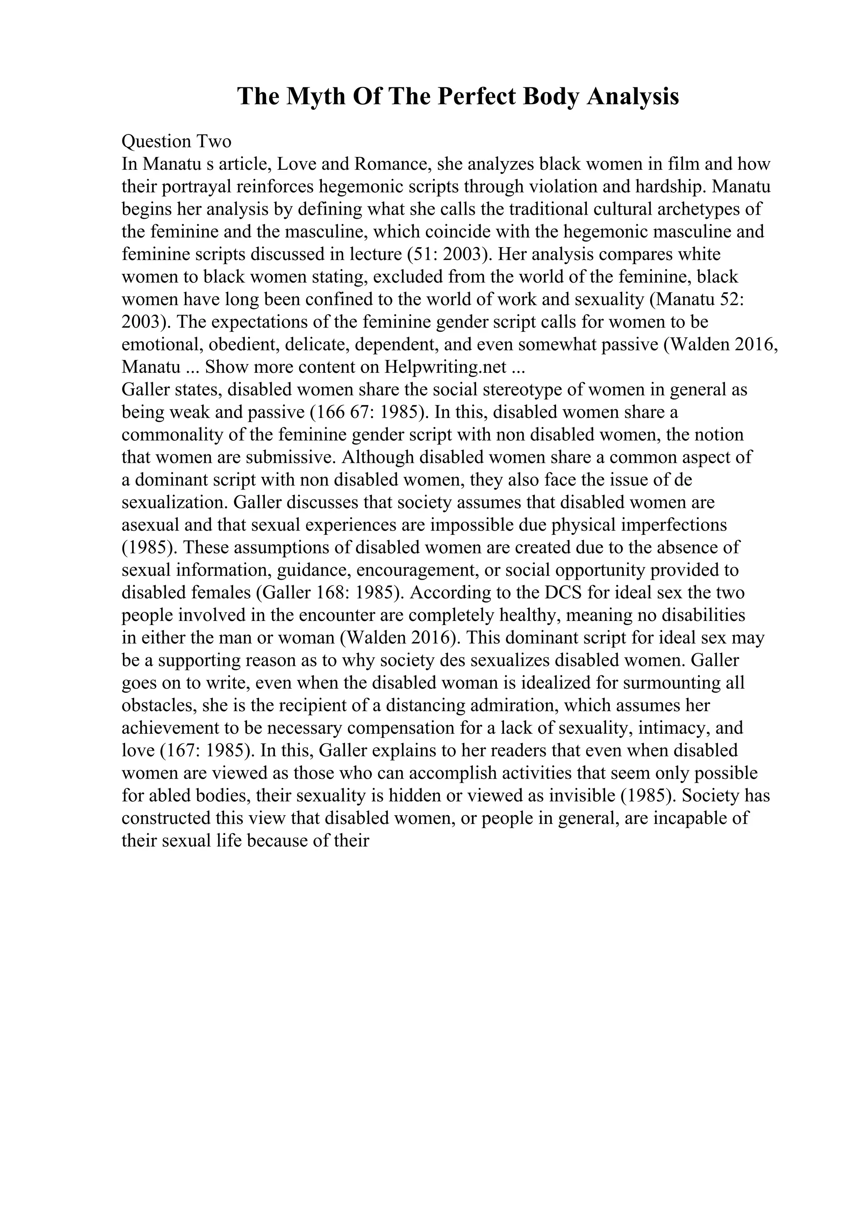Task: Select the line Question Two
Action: pos(176,141)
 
